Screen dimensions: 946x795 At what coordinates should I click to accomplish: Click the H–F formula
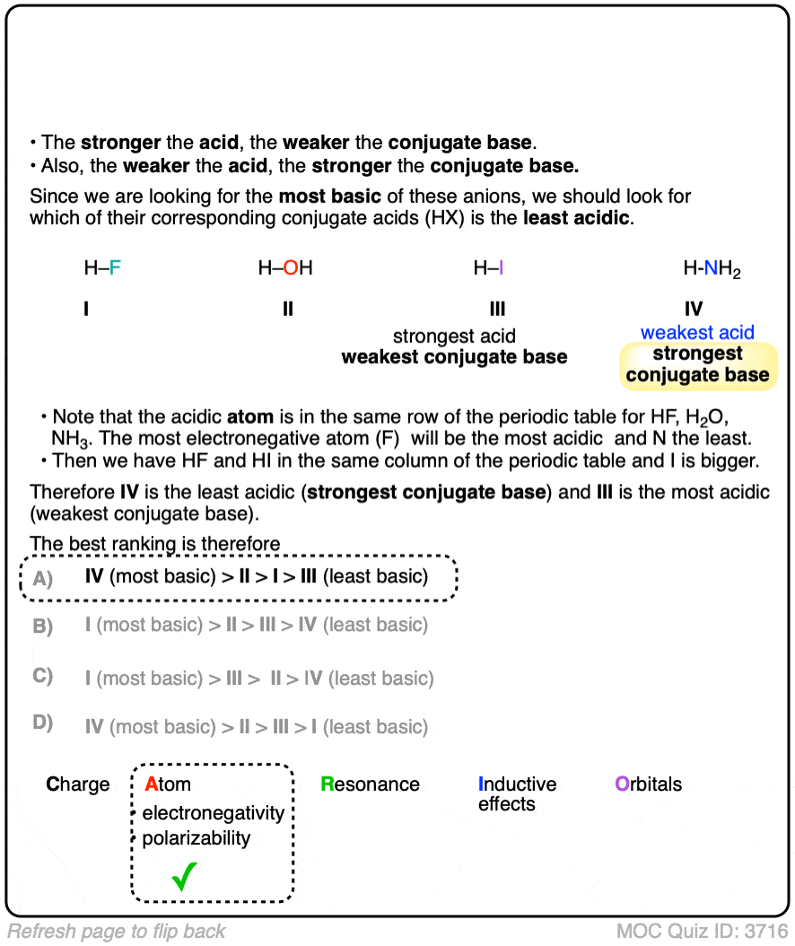(x=101, y=267)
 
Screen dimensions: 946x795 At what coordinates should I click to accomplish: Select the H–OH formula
(x=285, y=267)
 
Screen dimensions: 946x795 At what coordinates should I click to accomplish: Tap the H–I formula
(x=488, y=267)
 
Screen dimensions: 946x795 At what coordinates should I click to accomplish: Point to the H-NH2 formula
(x=712, y=268)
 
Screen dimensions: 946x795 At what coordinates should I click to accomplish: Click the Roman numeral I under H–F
(x=86, y=310)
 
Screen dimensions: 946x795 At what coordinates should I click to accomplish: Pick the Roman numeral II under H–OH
(x=287, y=310)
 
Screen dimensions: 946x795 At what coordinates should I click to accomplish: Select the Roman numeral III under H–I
(x=497, y=310)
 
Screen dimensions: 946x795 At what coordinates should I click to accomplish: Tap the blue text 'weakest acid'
(x=697, y=333)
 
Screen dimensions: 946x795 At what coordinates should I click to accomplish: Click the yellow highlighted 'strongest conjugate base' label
(x=697, y=364)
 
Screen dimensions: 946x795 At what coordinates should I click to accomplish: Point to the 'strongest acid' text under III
(x=454, y=337)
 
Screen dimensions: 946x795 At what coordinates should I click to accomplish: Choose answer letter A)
(x=43, y=578)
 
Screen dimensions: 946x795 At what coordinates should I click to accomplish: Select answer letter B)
(x=43, y=626)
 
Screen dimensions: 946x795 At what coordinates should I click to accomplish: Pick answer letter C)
(x=43, y=676)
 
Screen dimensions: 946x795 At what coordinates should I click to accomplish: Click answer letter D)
(x=43, y=723)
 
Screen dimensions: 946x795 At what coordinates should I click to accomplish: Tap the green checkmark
(x=184, y=875)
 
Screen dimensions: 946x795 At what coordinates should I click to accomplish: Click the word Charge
(x=78, y=784)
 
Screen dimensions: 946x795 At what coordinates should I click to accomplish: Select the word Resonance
(x=370, y=784)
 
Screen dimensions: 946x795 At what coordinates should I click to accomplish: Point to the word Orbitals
(x=648, y=784)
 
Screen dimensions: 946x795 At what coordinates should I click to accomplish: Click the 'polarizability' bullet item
(x=197, y=838)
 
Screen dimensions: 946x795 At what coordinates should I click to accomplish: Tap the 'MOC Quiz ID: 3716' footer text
(x=702, y=931)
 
